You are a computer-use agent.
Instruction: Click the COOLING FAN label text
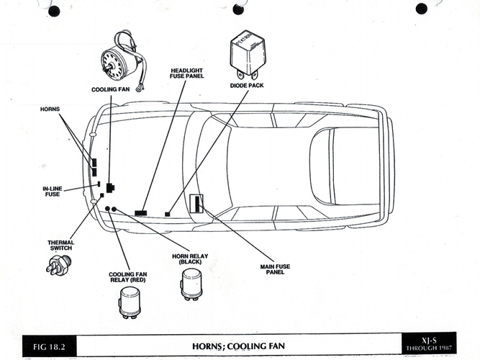[x=111, y=89]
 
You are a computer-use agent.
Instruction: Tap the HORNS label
[x=50, y=109]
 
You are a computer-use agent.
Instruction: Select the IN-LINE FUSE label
[x=53, y=192]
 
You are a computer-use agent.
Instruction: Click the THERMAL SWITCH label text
[x=61, y=246]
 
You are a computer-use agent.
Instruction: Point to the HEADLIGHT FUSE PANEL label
[x=186, y=73]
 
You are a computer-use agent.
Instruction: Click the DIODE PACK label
[x=247, y=86]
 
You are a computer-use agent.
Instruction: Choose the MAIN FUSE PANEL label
[x=275, y=269]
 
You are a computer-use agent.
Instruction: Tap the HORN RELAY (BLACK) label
[x=190, y=259]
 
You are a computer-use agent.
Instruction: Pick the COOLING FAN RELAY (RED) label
[x=128, y=277]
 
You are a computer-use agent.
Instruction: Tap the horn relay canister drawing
[x=191, y=284]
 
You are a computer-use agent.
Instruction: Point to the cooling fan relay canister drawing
[x=130, y=302]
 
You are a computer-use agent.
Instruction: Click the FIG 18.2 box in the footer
[x=49, y=346]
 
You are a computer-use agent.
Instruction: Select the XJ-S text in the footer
[x=429, y=341]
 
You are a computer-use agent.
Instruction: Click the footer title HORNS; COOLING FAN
[x=238, y=346]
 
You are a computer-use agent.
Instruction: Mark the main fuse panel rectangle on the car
[x=196, y=204]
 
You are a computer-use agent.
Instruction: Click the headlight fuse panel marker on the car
[x=141, y=213]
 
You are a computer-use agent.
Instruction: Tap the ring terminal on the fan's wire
[x=140, y=88]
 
